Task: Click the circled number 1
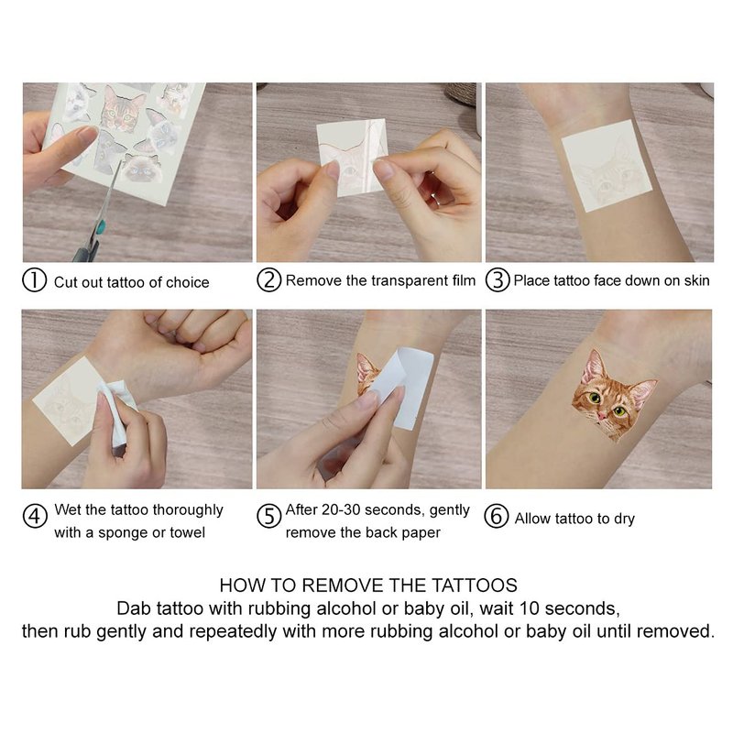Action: (x=34, y=280)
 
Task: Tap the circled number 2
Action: (x=269, y=279)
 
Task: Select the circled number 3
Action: (x=498, y=279)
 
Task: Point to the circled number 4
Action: (x=35, y=516)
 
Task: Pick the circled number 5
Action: (x=269, y=516)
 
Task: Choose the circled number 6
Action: (x=497, y=516)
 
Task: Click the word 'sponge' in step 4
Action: (x=121, y=533)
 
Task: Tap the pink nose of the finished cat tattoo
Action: (x=603, y=416)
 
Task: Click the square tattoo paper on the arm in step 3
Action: (x=607, y=165)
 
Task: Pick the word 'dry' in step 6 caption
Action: (x=624, y=520)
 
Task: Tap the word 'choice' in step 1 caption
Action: (x=188, y=282)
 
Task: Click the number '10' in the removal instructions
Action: (x=529, y=608)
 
